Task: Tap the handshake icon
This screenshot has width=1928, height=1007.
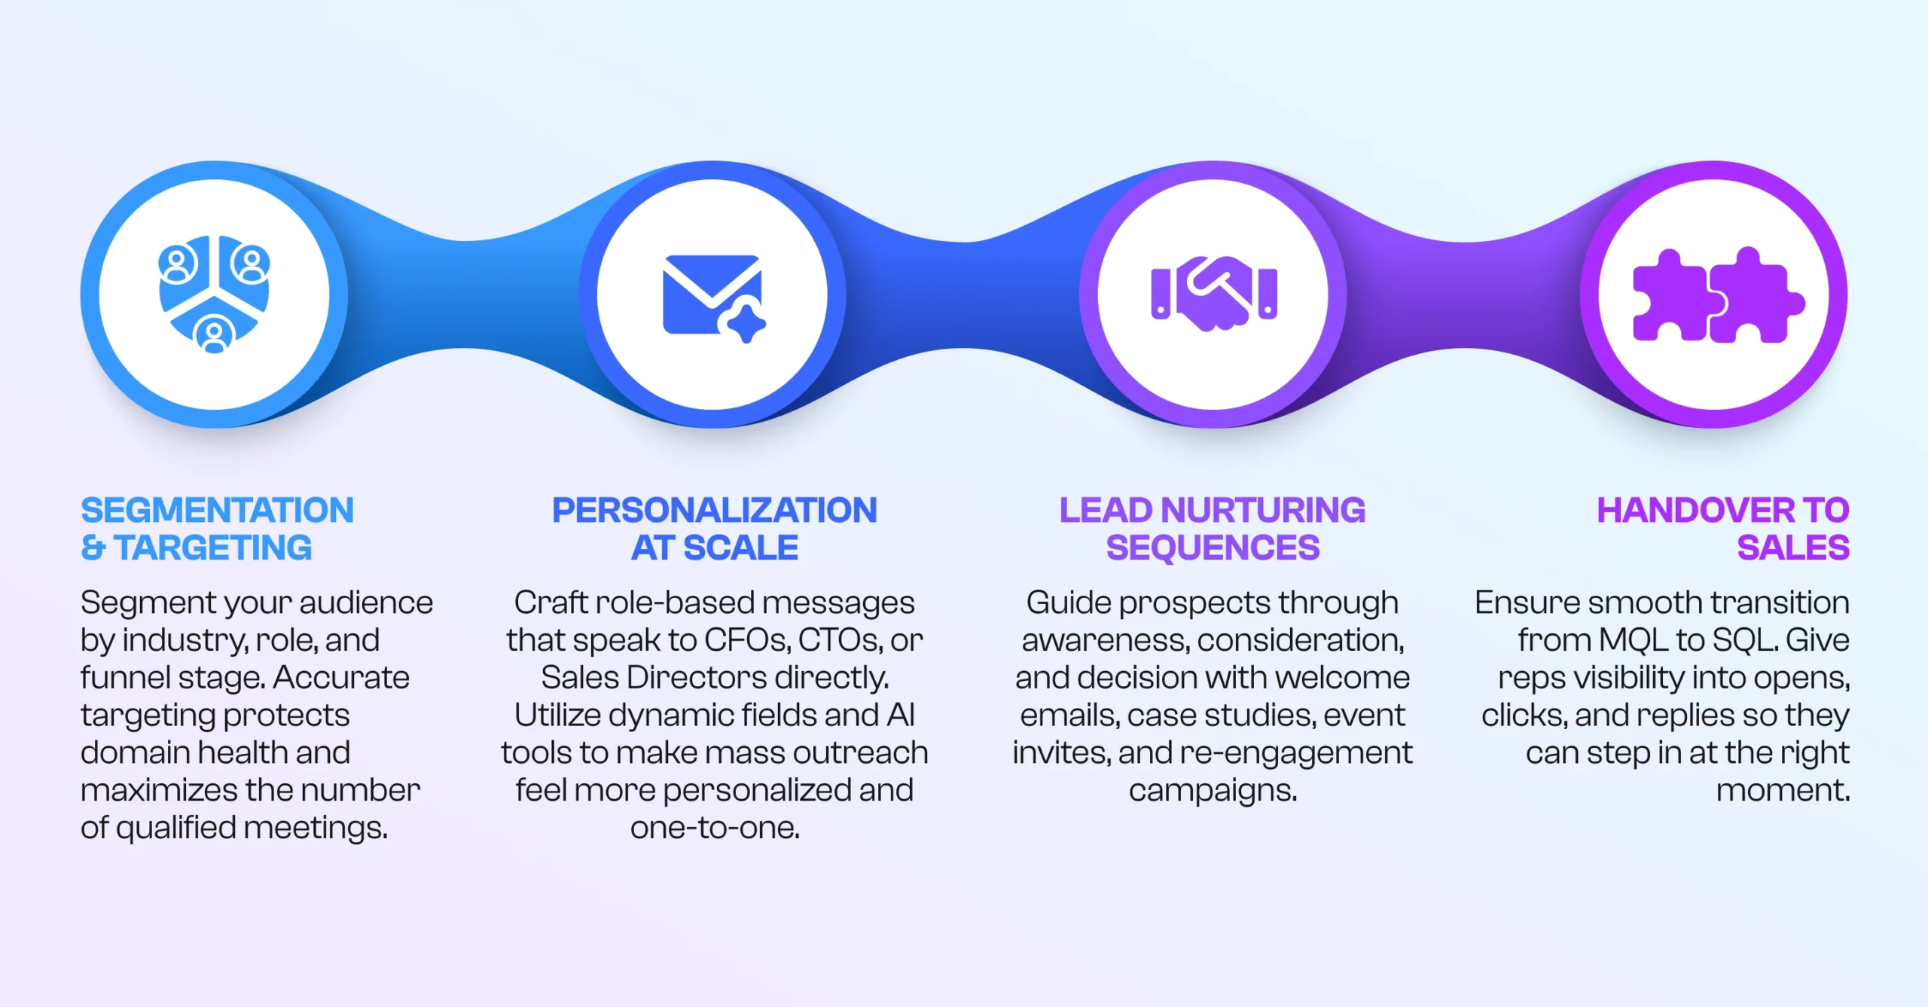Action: (1213, 293)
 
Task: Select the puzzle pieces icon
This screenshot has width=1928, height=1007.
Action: (1718, 295)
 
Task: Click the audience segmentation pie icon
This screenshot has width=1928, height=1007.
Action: (214, 293)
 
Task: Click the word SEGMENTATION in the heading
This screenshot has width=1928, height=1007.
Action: (217, 510)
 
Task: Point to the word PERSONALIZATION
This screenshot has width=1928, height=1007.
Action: (714, 510)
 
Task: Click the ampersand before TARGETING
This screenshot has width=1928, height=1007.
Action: (93, 548)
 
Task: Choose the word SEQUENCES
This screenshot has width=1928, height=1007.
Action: (1213, 548)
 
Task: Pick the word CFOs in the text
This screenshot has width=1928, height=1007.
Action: (747, 640)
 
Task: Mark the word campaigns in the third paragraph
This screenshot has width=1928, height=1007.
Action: (1213, 791)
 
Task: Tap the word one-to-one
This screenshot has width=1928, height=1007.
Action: (715, 828)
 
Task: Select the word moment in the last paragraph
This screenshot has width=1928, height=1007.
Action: (1782, 791)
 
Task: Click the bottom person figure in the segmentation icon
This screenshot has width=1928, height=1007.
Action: (215, 334)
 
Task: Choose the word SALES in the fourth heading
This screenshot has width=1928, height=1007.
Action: (1792, 548)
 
